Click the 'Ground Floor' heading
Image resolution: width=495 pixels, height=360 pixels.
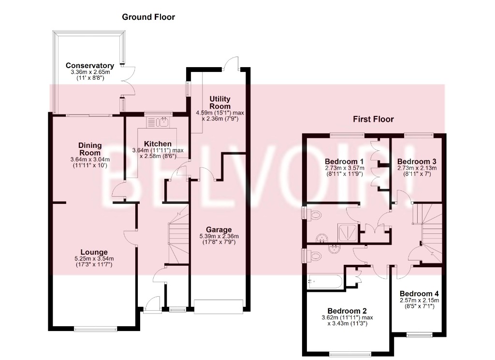(x=148, y=17)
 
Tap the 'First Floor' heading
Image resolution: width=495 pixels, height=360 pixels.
(x=373, y=119)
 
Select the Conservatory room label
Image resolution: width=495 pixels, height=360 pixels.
(x=90, y=66)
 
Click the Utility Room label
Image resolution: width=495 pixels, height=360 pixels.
(x=219, y=102)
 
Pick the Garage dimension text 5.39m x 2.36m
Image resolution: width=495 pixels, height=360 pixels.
(x=219, y=236)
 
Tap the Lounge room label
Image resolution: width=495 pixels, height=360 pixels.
(x=94, y=252)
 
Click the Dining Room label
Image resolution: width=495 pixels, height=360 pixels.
(x=90, y=149)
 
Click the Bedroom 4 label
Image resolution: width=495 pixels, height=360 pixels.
(x=419, y=293)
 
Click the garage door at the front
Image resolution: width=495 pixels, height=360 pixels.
(x=218, y=306)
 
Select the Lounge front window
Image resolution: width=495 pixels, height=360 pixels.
(x=96, y=330)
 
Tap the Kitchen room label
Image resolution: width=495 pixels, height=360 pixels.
(x=158, y=144)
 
